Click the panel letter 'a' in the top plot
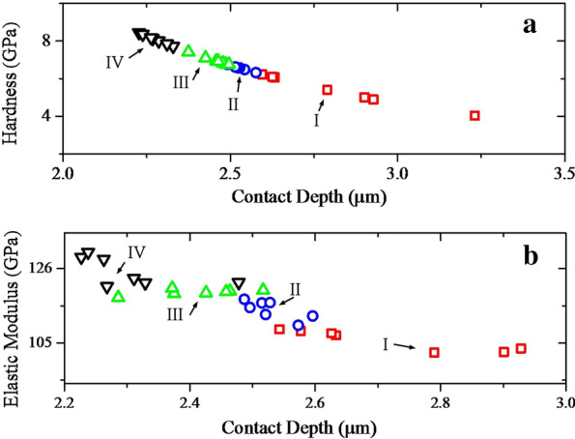tap(530, 26)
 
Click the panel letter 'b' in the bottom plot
tap(530, 256)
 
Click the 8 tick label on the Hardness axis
tap(45, 41)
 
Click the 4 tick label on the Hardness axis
tap(45, 116)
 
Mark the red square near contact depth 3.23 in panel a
tap(474, 116)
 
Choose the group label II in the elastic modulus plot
tap(296, 289)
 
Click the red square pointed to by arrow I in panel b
tap(434, 353)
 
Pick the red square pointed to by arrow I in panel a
tap(327, 90)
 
